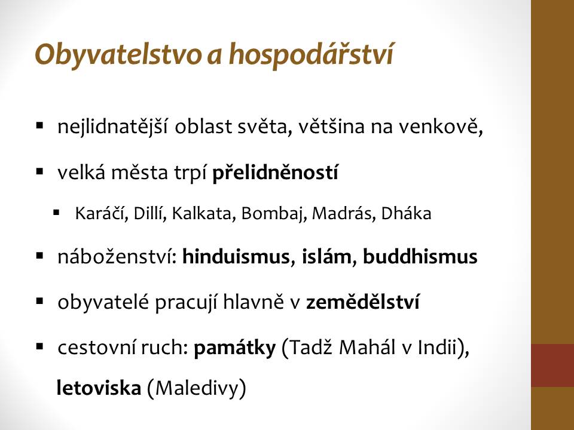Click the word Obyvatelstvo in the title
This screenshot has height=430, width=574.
pyautogui.click(x=118, y=55)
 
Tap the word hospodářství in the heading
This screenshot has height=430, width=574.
pyautogui.click(x=311, y=54)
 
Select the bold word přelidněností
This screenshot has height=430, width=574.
pyautogui.click(x=275, y=172)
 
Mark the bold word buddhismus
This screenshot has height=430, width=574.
pyautogui.click(x=420, y=256)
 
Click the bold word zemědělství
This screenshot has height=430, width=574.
pyautogui.click(x=363, y=302)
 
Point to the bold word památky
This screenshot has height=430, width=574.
pyautogui.click(x=234, y=348)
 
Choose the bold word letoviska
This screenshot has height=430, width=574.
pyautogui.click(x=99, y=388)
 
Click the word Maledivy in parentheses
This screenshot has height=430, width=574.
pyautogui.click(x=197, y=388)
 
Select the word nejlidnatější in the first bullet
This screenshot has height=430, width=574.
pyautogui.click(x=112, y=127)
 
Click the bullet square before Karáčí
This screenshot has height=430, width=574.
pyautogui.click(x=56, y=212)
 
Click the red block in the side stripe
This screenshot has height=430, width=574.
pyautogui.click(x=552, y=365)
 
